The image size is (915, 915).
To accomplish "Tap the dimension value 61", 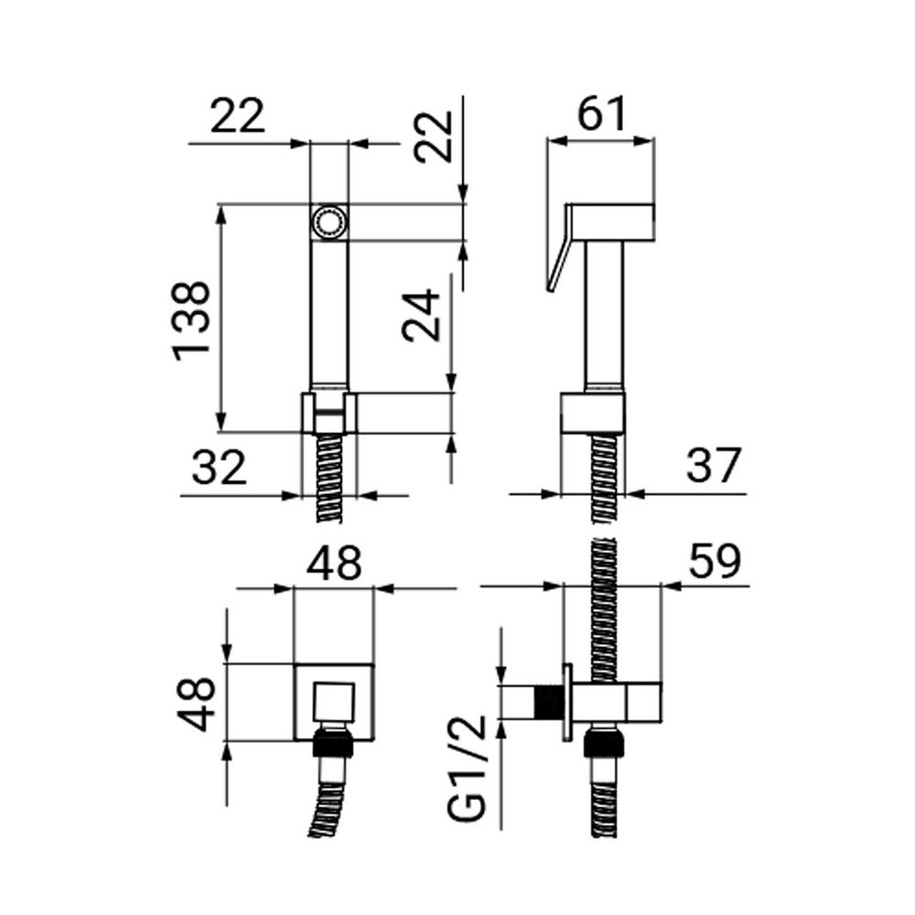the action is click(x=602, y=113).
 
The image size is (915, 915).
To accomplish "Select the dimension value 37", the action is click(x=713, y=465).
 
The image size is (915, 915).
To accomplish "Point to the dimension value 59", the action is click(x=715, y=562).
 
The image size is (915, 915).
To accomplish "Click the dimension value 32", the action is click(x=219, y=468).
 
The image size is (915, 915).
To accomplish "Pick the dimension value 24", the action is click(x=421, y=315).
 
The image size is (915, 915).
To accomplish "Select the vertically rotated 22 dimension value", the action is click(x=434, y=136).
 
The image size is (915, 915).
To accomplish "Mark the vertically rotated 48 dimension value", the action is click(x=195, y=703).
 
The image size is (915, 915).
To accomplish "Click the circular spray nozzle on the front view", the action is click(x=328, y=221).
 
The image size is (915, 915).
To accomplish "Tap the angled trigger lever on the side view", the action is click(x=559, y=247).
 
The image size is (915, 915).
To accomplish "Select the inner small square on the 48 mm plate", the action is click(x=333, y=702).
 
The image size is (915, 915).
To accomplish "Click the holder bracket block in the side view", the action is click(x=593, y=414).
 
